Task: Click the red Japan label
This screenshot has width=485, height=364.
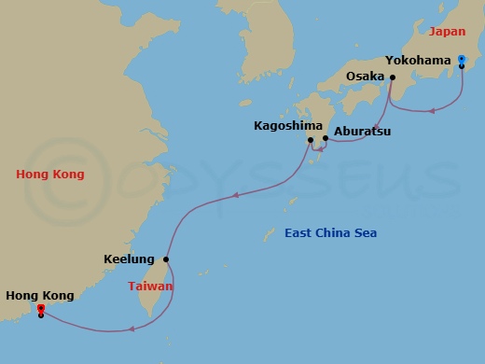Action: point(447,32)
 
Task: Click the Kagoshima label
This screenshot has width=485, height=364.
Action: point(280,125)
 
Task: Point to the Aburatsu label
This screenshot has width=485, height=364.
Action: point(362,133)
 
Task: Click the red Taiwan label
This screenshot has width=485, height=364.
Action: point(150,287)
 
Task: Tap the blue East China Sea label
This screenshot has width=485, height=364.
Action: point(331,232)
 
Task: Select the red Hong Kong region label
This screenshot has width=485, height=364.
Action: point(50,175)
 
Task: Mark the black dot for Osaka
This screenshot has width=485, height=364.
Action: point(393,77)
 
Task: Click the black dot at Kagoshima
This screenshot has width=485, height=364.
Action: point(312,140)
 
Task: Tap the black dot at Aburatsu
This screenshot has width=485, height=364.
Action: point(325,138)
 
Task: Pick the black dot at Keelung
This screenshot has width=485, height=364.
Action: point(166,259)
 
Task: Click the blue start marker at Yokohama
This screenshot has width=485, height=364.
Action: point(462,60)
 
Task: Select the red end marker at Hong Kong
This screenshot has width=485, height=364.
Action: point(40,309)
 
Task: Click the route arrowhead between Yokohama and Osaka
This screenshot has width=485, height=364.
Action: point(432,111)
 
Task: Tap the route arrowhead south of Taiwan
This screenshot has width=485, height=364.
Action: point(132,329)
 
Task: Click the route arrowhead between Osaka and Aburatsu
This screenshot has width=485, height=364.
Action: point(375,126)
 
